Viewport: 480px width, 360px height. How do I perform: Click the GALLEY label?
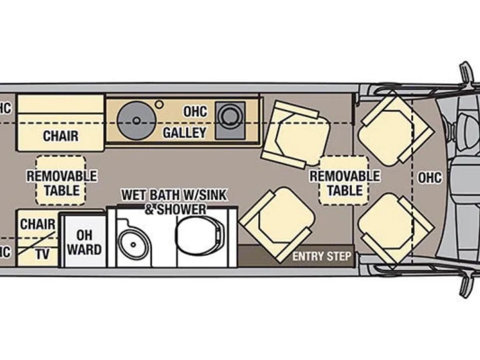(x=184, y=132)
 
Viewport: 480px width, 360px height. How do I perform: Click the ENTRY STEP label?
(x=322, y=256)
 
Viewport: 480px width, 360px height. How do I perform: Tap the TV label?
(x=42, y=254)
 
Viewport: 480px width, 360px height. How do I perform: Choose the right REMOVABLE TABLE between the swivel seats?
(x=344, y=181)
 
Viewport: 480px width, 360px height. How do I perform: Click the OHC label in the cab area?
(x=429, y=177)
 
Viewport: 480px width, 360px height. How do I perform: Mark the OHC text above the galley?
(x=195, y=111)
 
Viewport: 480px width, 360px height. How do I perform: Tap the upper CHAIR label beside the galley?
(x=60, y=135)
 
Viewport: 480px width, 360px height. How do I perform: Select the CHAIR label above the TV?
(x=37, y=224)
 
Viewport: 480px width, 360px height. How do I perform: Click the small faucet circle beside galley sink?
(x=160, y=104)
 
